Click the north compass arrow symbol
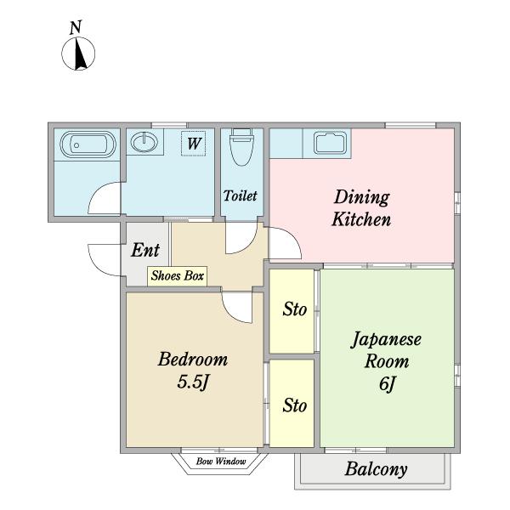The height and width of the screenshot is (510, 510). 78,54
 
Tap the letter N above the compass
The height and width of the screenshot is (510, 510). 76,27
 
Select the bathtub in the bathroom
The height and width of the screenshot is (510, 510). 88,144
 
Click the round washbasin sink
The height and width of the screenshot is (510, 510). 144,142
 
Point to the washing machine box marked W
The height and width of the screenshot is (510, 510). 193,143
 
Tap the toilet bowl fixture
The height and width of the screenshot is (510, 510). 241,147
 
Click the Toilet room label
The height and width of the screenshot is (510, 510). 240,195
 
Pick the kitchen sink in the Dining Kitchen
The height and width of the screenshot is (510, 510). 330,143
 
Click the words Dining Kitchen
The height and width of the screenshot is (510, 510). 361,208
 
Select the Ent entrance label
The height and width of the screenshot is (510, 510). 145,250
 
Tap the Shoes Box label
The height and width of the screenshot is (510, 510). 178,275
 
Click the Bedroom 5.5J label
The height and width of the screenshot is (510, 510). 193,371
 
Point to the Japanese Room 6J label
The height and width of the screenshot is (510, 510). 387,361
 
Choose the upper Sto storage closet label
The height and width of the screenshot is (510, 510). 294,309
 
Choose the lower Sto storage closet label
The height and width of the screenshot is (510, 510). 294,405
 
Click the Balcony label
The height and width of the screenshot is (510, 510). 376,469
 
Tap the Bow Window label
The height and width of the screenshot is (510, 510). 221,462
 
